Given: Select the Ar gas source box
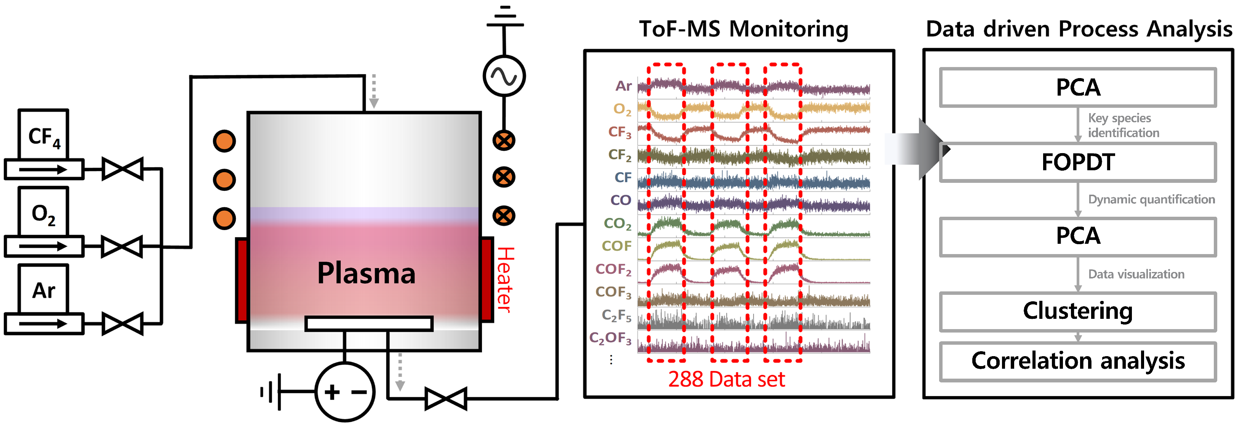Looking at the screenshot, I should click(x=43, y=289).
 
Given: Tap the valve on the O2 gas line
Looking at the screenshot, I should click(x=122, y=246).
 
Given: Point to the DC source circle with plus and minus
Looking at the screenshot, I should click(x=344, y=391).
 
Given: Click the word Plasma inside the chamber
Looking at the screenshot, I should click(x=366, y=273).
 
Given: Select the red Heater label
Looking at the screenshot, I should click(x=505, y=280).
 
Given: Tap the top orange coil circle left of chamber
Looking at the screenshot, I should click(x=224, y=141).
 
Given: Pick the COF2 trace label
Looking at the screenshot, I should click(x=613, y=269).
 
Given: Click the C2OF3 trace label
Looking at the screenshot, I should click(x=610, y=338).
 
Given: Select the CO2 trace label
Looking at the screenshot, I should click(x=617, y=224).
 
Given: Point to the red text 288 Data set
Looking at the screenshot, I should click(x=726, y=379).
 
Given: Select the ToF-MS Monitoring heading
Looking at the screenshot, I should click(x=743, y=29).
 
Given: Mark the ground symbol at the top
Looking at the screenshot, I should click(x=505, y=17).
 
